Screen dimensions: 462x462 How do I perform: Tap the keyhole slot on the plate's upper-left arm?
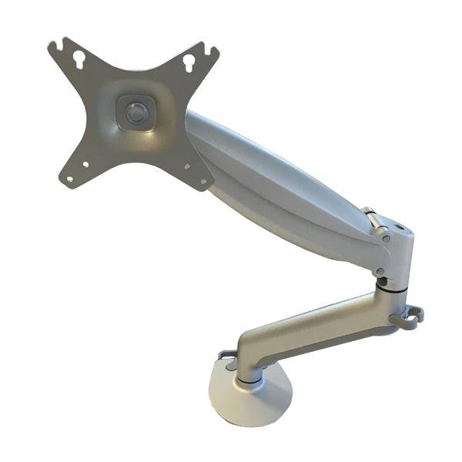pyautogui.click(x=76, y=59)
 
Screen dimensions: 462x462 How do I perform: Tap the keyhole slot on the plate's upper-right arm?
pyautogui.click(x=189, y=62)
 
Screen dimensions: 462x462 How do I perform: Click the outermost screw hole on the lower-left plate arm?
pyautogui.click(x=69, y=179)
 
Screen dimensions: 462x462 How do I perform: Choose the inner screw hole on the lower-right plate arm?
pyautogui.click(x=186, y=165)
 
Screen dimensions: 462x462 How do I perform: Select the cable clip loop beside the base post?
pyautogui.click(x=226, y=355)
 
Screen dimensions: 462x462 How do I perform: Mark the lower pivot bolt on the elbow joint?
pyautogui.click(x=379, y=271)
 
